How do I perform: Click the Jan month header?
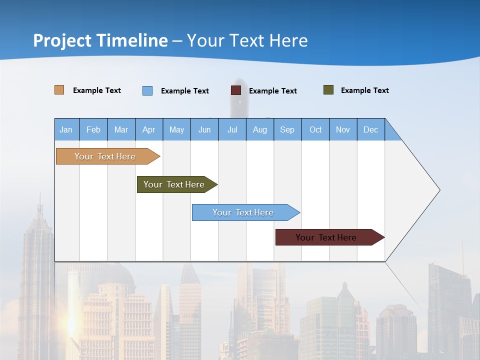66,129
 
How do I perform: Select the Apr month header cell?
149,129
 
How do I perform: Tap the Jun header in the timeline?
204,129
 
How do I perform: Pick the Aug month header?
260,129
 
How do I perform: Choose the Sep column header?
287,129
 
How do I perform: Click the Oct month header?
315,129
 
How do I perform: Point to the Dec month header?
371,129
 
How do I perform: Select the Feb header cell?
93,129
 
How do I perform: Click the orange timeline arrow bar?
105,156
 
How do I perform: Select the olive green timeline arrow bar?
174,184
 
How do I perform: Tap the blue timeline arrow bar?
243,212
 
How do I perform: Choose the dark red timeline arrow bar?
326,237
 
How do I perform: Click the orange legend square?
59,90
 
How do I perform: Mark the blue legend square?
147,90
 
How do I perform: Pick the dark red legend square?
236,90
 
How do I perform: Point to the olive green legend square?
328,90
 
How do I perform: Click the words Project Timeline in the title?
100,40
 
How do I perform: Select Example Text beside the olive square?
364,90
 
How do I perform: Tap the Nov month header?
343,129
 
